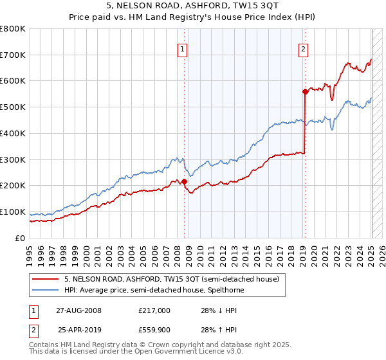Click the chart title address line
click(193, 6)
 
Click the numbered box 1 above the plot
click(183, 48)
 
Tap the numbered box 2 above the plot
click(303, 48)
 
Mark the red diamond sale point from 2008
click(184, 181)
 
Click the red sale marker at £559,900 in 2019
click(305, 91)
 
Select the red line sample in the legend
click(45, 279)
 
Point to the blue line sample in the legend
click(45, 290)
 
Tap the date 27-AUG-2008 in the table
click(78, 310)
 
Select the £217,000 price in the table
click(154, 310)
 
